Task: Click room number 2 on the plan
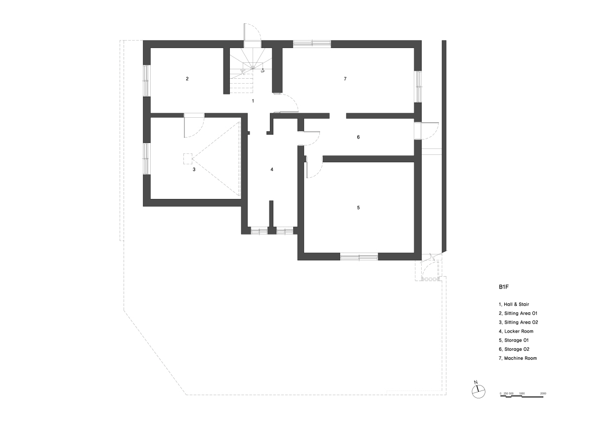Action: pos(187,79)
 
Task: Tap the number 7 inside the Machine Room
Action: pos(345,79)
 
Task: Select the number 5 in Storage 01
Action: pos(358,208)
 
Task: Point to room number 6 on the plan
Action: pos(358,137)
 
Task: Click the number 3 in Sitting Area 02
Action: pos(194,170)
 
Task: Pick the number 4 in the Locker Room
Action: pos(272,170)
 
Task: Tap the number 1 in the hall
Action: pos(253,101)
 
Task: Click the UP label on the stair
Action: pos(263,72)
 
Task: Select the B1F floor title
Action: pos(504,287)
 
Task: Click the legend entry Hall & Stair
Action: pos(514,304)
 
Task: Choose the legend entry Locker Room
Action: pos(516,332)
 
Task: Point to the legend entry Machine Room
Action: pos(518,358)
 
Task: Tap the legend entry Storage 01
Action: pos(514,340)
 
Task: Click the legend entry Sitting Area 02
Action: pos(518,322)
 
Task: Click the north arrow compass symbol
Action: pos(479,391)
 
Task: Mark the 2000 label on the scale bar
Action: pos(543,393)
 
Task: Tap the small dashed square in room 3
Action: pos(188,159)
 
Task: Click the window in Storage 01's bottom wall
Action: pos(359,257)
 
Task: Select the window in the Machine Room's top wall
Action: pos(312,44)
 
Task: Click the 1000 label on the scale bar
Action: pos(522,393)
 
